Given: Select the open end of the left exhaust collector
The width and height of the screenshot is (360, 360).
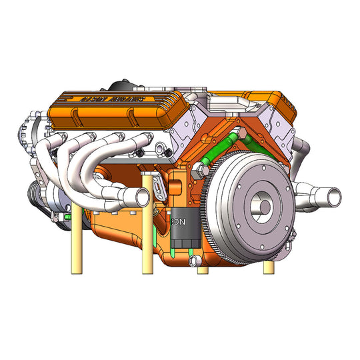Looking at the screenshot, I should pos(138,197).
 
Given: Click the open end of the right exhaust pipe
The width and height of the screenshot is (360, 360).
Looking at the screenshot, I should pos(331,197).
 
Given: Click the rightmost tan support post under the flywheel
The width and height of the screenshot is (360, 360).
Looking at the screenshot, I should pos(268,267).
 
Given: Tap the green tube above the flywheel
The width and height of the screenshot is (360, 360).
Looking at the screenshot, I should pos(223,150).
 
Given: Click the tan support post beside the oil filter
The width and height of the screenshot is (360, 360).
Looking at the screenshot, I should pos(148,233).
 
